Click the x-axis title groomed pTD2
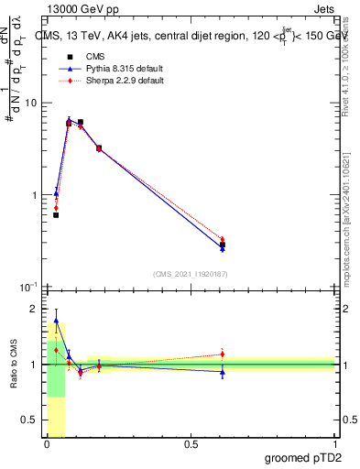(x=302, y=456)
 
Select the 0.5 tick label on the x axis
(x=191, y=445)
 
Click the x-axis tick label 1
(x=334, y=445)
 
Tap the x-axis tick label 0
(x=47, y=445)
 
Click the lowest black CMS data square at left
(x=56, y=215)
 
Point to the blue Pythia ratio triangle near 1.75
(x=56, y=322)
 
